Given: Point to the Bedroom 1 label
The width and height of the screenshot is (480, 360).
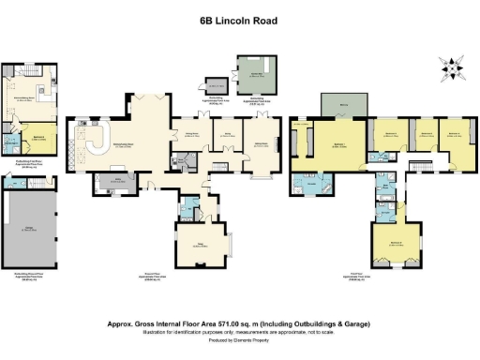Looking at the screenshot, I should (337, 142).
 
